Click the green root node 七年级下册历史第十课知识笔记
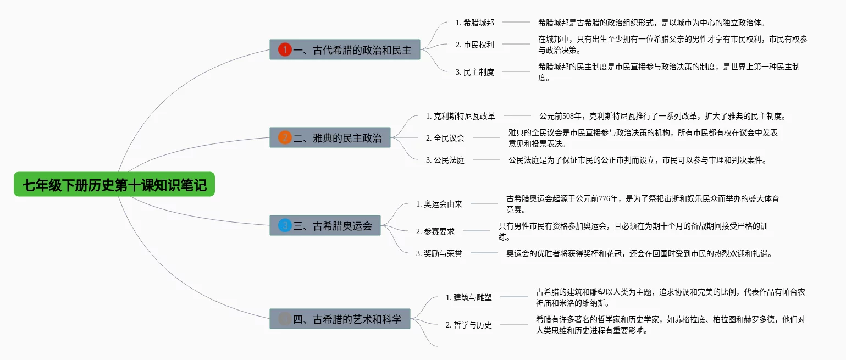pyautogui.click(x=114, y=185)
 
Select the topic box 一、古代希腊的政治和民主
pyautogui.click(x=345, y=49)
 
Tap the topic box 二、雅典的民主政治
pyautogui.click(x=330, y=137)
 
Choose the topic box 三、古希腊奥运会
pyautogui.click(x=325, y=225)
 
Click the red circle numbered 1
pyautogui.click(x=285, y=49)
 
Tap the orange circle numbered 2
pyautogui.click(x=285, y=137)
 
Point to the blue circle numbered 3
pyautogui.click(x=285, y=225)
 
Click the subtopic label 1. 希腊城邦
pyautogui.click(x=475, y=23)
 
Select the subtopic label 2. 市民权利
pyautogui.click(x=475, y=45)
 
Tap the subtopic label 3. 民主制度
pyautogui.click(x=475, y=72)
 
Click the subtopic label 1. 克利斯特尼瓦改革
pyautogui.click(x=461, y=116)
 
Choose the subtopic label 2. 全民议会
pyautogui.click(x=445, y=138)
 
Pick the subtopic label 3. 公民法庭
pyautogui.click(x=445, y=160)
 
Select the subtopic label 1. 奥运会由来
pyautogui.click(x=439, y=204)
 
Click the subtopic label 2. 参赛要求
pyautogui.click(x=435, y=231)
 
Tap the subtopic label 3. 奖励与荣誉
pyautogui.click(x=439, y=253)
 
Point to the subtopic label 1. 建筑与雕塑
pyautogui.click(x=469, y=297)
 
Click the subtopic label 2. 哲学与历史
pyautogui.click(x=469, y=325)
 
